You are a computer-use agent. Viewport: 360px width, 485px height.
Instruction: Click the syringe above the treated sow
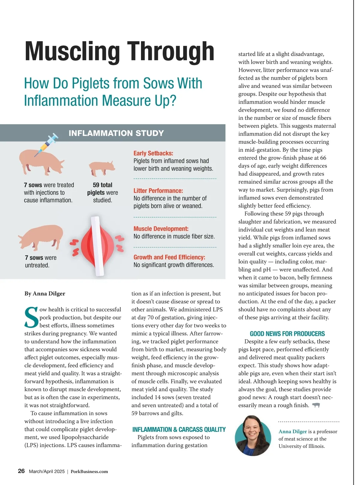point(47,144)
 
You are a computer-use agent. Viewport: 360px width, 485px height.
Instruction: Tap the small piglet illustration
point(102,168)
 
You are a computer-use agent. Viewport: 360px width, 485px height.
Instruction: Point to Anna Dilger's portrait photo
point(253,436)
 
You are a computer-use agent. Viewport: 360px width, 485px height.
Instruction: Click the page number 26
point(21,471)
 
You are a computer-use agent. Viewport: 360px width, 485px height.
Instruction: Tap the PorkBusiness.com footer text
point(89,472)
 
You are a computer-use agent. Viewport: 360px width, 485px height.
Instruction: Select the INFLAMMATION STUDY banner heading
point(116,133)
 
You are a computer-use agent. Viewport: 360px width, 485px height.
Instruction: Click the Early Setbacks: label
point(153,153)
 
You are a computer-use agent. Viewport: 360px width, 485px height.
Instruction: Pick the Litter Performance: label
point(158,191)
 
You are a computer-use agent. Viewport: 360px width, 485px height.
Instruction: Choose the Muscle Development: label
point(161,229)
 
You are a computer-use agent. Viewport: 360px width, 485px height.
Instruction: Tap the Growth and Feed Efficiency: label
point(169,257)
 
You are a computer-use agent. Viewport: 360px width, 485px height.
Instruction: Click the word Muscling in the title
point(72,52)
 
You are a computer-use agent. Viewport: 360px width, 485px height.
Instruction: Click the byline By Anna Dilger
point(45,293)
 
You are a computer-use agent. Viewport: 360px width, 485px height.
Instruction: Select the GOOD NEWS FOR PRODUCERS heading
point(287,334)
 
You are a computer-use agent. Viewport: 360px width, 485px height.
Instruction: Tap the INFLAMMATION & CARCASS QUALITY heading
point(179,429)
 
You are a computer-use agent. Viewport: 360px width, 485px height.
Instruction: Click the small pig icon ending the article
point(316,405)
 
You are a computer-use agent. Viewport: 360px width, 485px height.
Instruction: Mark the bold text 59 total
point(103,185)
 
